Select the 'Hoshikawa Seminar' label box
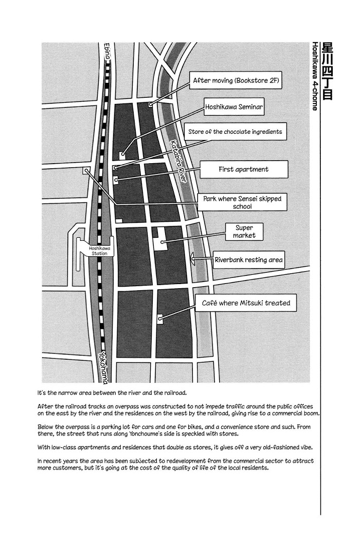(x=234, y=108)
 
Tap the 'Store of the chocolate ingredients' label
(x=235, y=132)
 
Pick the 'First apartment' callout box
(x=243, y=169)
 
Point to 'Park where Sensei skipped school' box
(x=242, y=202)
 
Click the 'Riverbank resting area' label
(x=248, y=260)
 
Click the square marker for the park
(x=86, y=170)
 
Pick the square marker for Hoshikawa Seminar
(x=122, y=154)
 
